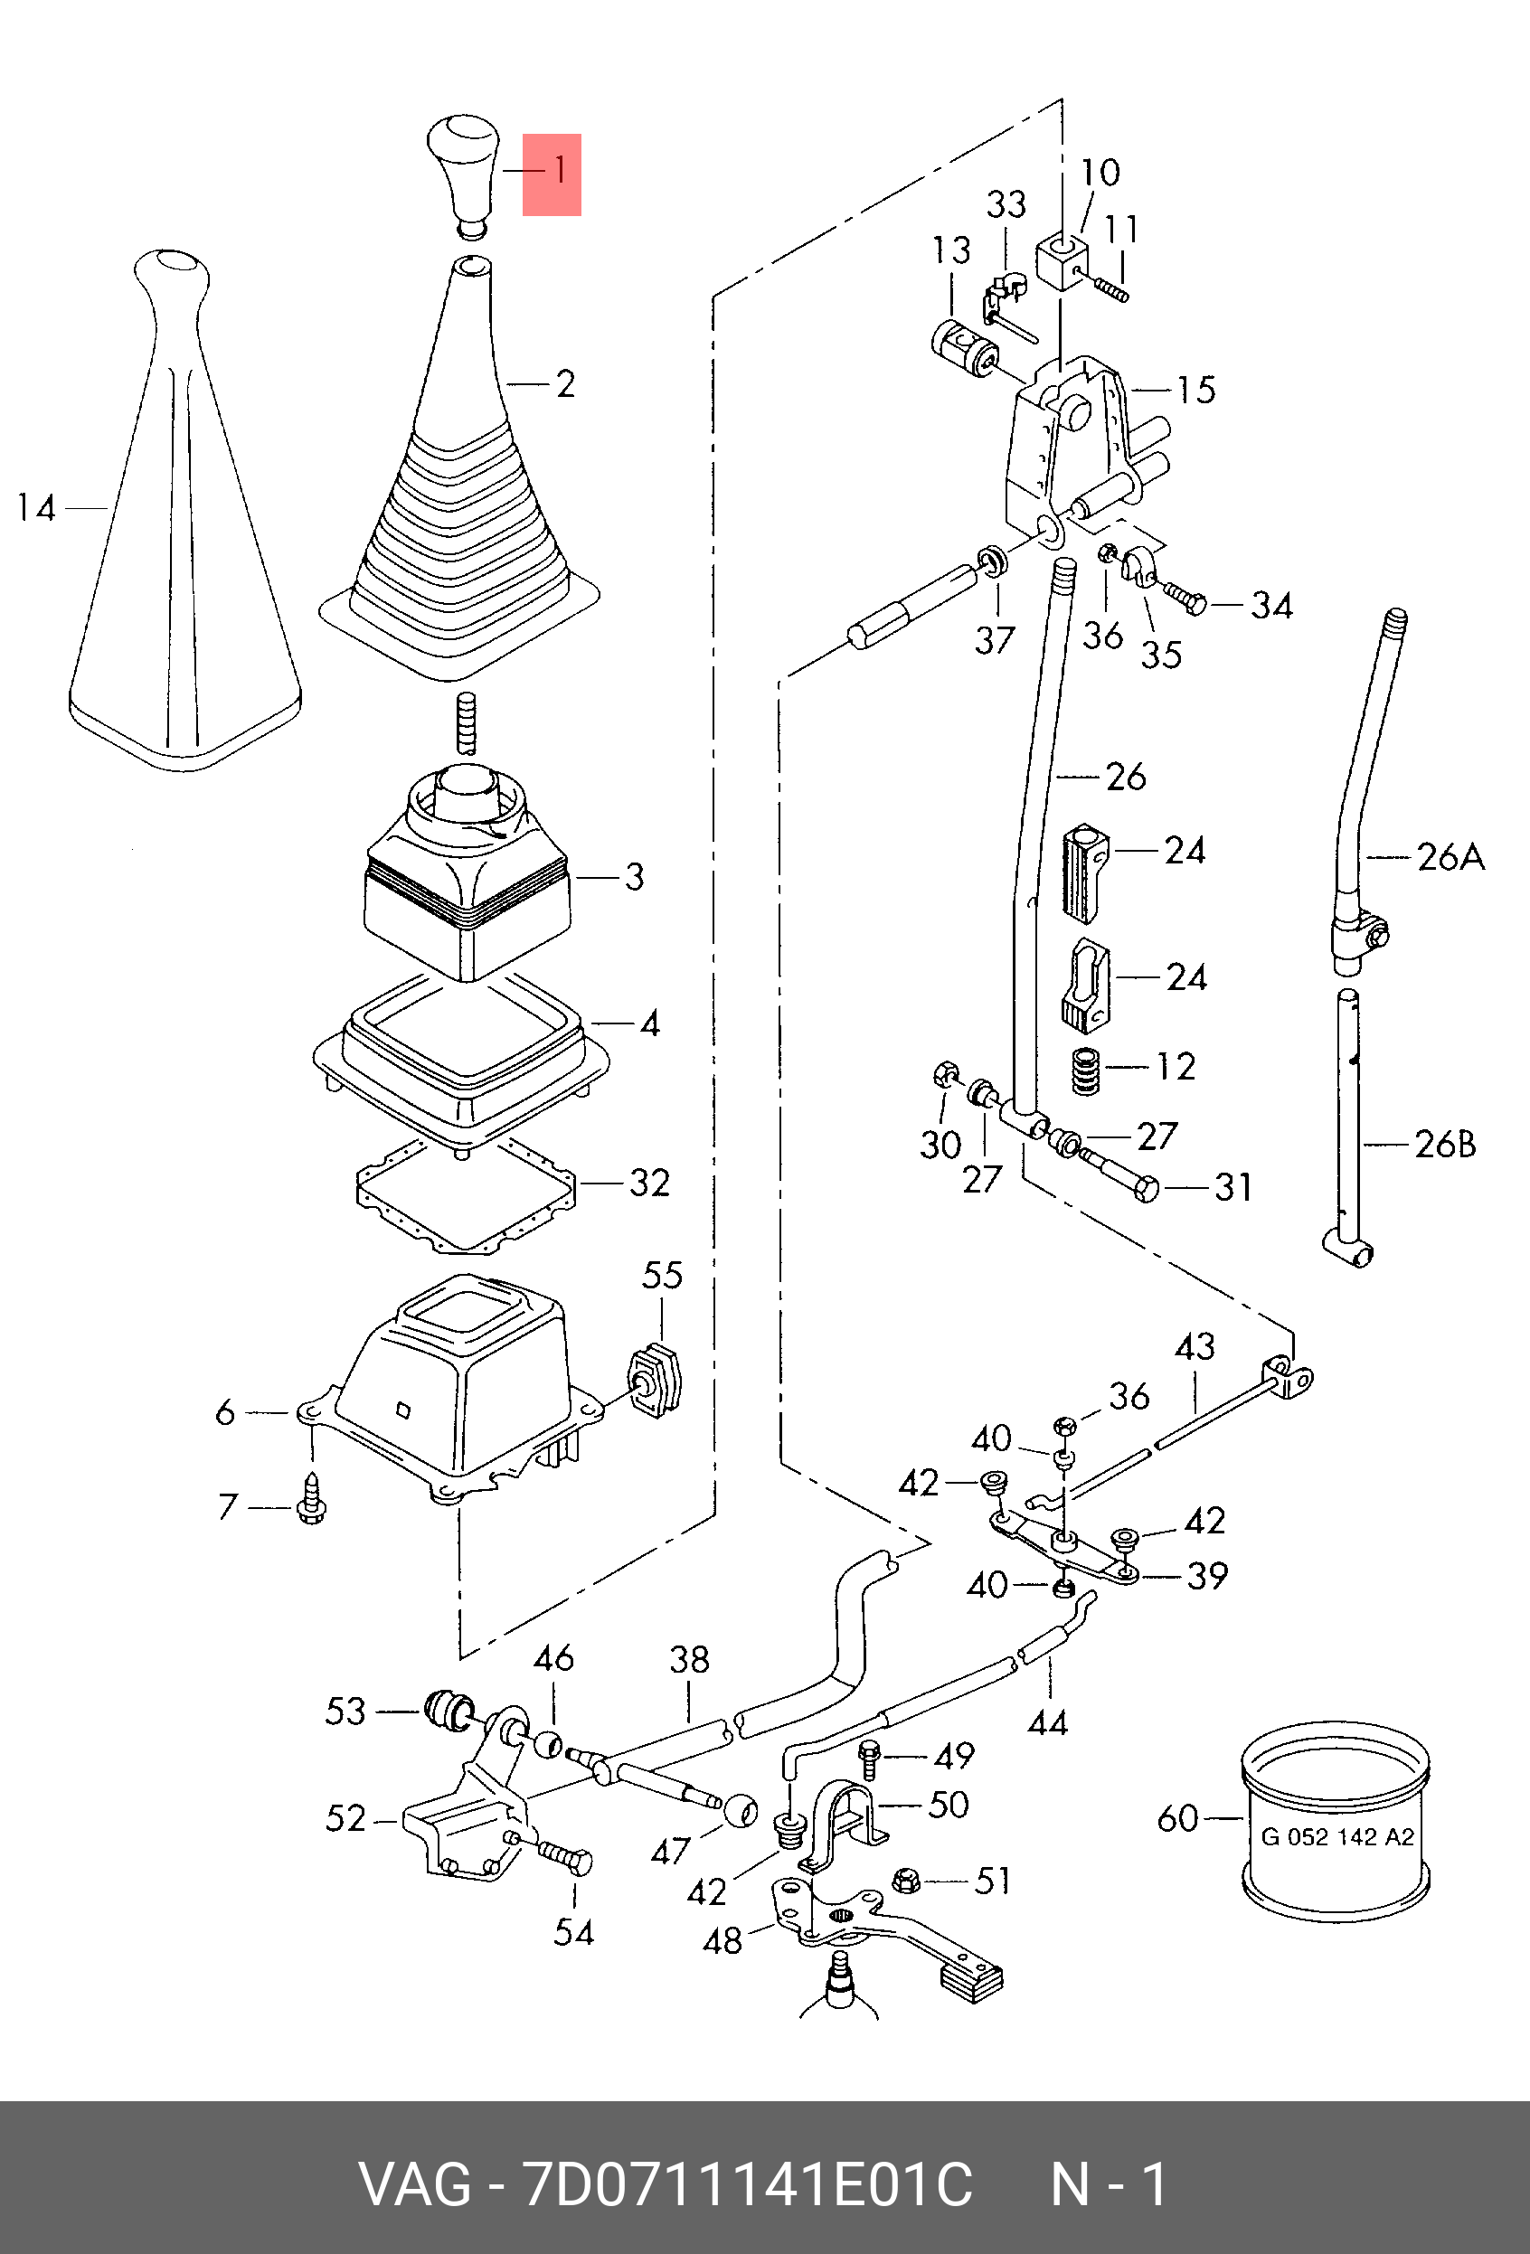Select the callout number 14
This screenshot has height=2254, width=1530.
(37, 507)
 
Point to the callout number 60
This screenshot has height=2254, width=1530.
(1178, 1817)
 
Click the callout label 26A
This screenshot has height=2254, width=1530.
(1450, 856)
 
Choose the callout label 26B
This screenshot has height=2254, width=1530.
(1446, 1145)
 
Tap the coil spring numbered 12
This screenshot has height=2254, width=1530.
(1086, 1071)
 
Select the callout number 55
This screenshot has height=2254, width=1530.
(662, 1275)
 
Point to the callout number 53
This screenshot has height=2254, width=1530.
(345, 1711)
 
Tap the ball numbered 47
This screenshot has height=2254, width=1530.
(741, 1809)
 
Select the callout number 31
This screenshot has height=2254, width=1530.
(1233, 1186)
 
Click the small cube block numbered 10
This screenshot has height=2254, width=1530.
(1062, 259)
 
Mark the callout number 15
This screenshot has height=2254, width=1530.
(1195, 390)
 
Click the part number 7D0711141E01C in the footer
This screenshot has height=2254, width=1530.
(747, 2185)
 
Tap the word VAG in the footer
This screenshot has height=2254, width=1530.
(415, 2185)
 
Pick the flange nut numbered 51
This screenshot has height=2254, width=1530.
(907, 1881)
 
